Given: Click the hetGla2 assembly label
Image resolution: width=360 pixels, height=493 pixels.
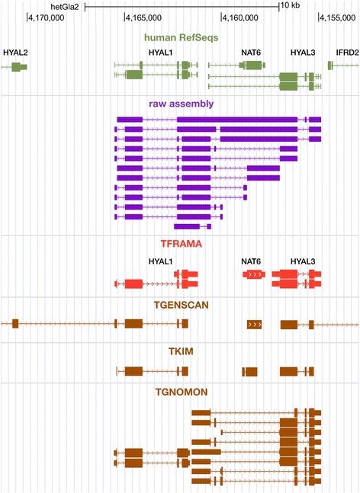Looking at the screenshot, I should [x=64, y=5].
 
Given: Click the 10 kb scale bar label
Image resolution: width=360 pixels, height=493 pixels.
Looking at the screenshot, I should [x=288, y=5].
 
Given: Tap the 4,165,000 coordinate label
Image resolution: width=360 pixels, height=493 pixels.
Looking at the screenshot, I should [x=141, y=17].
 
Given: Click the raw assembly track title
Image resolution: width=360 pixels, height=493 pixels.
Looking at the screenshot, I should [x=182, y=103].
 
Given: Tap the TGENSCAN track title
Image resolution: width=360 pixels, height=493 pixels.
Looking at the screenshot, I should [x=182, y=305].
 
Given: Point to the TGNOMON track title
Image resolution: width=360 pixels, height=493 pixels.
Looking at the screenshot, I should [x=182, y=393].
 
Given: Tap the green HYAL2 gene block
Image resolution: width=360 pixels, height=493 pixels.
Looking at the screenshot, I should [x=19, y=67].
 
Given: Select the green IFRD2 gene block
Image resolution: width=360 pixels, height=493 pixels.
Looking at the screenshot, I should [x=331, y=66].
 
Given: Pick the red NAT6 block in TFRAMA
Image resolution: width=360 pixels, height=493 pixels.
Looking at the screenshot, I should [x=255, y=273].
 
